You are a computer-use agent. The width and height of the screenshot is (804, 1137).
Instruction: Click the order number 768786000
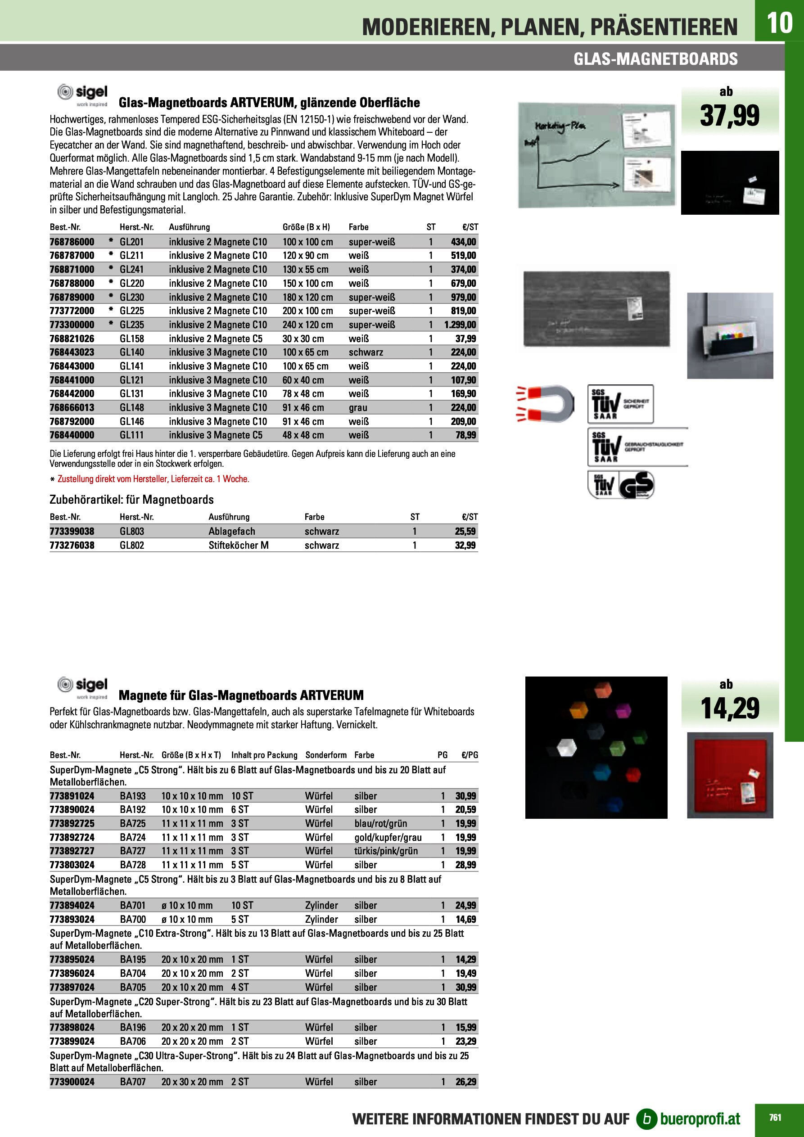(72, 242)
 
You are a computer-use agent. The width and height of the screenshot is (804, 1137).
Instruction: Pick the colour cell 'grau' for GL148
(358, 407)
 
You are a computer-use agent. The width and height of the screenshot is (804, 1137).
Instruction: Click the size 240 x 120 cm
(307, 325)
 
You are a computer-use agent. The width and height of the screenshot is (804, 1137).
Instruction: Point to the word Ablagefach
(232, 531)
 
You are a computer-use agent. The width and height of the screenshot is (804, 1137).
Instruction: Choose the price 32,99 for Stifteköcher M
(465, 545)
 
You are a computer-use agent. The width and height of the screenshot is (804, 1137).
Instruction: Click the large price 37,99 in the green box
(729, 115)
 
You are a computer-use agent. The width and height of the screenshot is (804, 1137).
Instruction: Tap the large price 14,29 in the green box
(729, 708)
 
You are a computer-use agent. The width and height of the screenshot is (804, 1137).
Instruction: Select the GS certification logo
(637, 485)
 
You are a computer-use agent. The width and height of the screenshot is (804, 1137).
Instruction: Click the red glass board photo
(730, 775)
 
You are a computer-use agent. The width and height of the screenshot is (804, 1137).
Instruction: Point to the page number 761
(775, 1118)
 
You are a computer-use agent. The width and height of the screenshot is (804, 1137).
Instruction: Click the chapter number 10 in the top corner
(779, 23)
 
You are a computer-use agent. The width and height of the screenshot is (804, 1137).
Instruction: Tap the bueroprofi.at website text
(700, 1119)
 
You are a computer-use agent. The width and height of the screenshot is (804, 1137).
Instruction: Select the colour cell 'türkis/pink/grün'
(386, 851)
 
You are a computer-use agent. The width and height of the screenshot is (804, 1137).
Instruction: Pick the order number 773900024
(72, 1082)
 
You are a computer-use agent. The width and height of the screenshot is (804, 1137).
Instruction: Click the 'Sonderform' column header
(326, 755)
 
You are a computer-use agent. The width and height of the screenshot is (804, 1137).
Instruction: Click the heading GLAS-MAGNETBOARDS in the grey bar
(655, 59)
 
